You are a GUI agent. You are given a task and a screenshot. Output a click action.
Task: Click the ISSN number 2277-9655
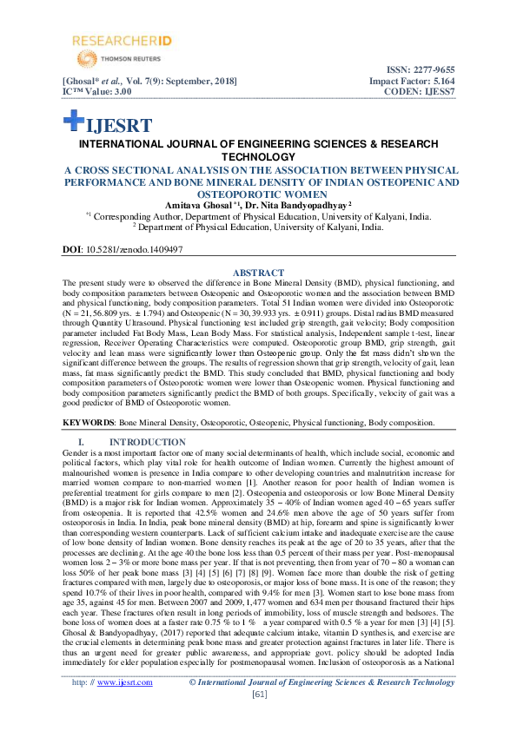point(432,69)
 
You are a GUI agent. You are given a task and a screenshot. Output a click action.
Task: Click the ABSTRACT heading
point(259,273)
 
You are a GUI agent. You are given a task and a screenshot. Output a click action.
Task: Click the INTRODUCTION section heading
point(137,443)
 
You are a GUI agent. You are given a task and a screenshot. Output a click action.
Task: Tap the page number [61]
point(259,719)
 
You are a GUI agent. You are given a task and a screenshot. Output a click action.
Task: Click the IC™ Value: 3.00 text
point(97,90)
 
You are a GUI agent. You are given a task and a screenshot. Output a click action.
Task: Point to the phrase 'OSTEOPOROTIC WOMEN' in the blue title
point(259,194)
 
